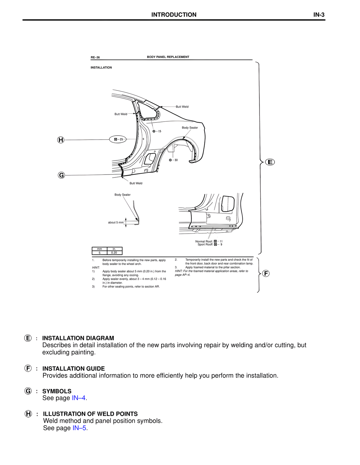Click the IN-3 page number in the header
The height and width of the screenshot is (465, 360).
(319, 15)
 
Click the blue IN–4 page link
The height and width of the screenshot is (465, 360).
(79, 398)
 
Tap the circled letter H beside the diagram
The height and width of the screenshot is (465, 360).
(61, 140)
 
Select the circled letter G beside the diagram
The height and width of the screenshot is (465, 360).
(61, 175)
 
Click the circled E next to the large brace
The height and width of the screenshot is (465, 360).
(270, 162)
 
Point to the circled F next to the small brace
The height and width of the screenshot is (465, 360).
(266, 273)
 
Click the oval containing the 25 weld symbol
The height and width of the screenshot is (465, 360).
(118, 139)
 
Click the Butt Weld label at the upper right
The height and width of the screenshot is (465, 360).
(182, 107)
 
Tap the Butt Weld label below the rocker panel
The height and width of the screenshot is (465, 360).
(136, 183)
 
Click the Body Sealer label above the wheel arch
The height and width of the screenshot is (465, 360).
(190, 128)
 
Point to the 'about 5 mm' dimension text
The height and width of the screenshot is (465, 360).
(116, 222)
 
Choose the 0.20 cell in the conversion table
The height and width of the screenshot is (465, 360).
(114, 253)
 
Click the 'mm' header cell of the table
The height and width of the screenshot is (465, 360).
(99, 249)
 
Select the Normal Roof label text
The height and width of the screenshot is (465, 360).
(204, 242)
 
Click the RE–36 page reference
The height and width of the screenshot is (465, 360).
(95, 57)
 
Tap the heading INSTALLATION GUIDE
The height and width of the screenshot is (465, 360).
(73, 368)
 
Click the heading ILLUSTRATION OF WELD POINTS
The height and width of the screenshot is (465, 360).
(90, 414)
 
